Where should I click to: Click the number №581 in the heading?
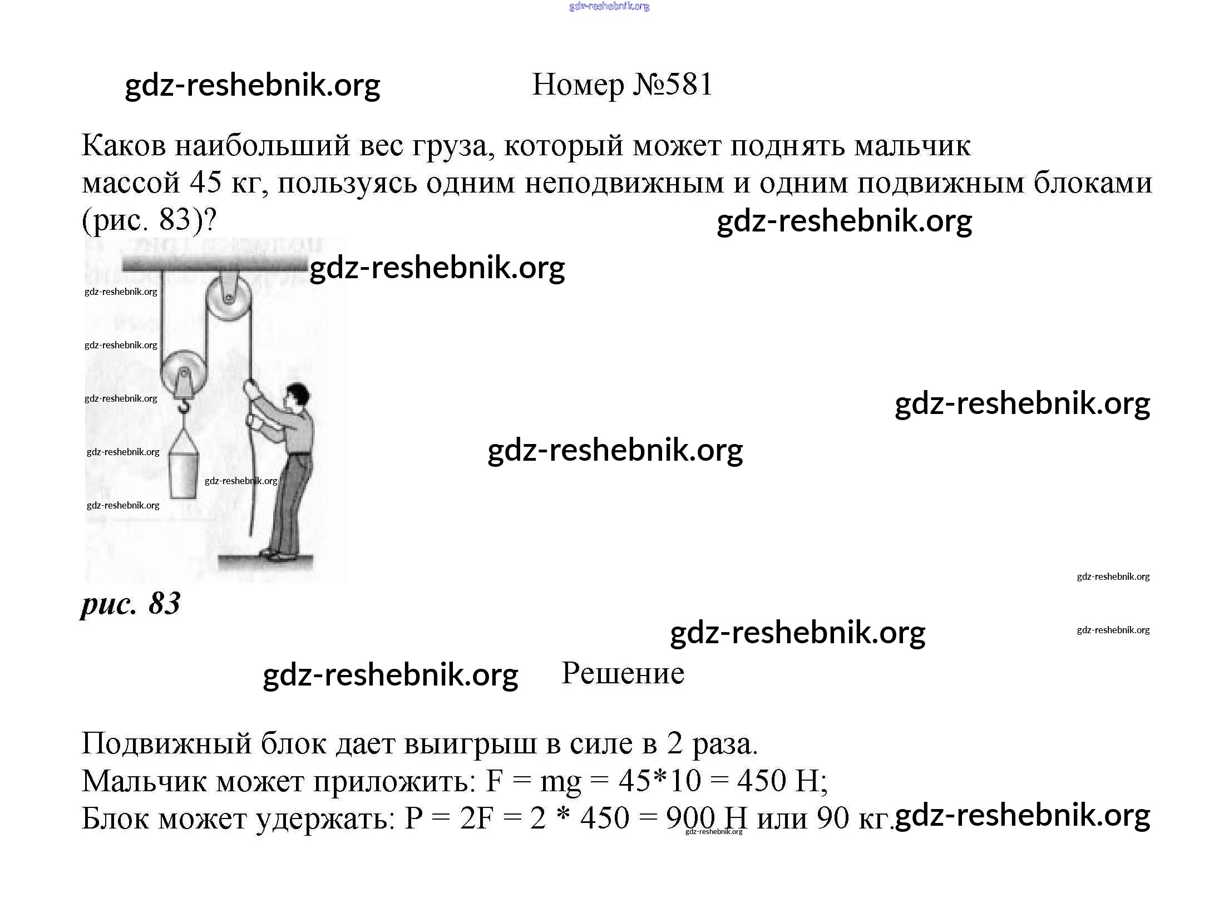pos(672,85)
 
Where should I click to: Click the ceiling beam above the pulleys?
pos(214,264)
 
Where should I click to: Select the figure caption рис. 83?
pos(131,603)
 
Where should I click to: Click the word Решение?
pos(623,673)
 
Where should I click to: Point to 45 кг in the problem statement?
pos(224,183)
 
